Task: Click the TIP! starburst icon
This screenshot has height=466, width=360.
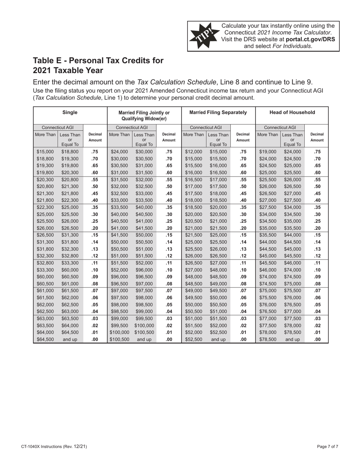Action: tap(204, 36)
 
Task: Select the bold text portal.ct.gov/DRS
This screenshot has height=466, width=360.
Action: tap(310, 39)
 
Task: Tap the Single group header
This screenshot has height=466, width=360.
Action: tap(70, 112)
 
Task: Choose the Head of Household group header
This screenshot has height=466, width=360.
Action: tap(292, 112)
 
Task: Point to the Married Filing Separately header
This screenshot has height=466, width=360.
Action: tap(218, 112)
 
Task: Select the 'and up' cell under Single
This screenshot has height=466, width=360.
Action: tap(70, 339)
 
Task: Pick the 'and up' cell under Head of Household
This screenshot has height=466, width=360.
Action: tap(292, 339)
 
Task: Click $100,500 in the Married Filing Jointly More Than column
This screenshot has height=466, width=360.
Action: tap(119, 339)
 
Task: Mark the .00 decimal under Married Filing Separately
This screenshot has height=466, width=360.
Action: tap(243, 339)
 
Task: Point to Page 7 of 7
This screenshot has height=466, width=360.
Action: tap(328, 447)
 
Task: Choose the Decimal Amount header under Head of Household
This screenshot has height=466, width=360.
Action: tap(317, 137)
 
